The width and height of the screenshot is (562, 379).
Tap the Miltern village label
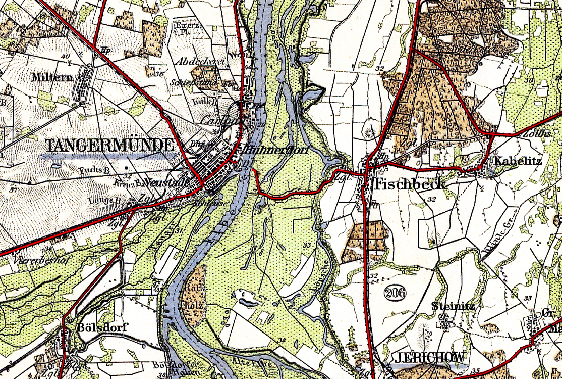(x=51, y=77)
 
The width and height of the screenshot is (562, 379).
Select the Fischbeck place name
(x=409, y=184)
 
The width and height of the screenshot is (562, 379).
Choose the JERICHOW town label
(x=429, y=357)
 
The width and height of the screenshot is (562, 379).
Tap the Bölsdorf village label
(x=100, y=327)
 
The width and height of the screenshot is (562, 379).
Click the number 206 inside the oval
(x=395, y=292)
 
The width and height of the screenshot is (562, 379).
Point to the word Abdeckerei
(x=200, y=61)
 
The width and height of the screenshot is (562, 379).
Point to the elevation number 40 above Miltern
(x=64, y=56)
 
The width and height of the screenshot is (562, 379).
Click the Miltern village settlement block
(x=84, y=83)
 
